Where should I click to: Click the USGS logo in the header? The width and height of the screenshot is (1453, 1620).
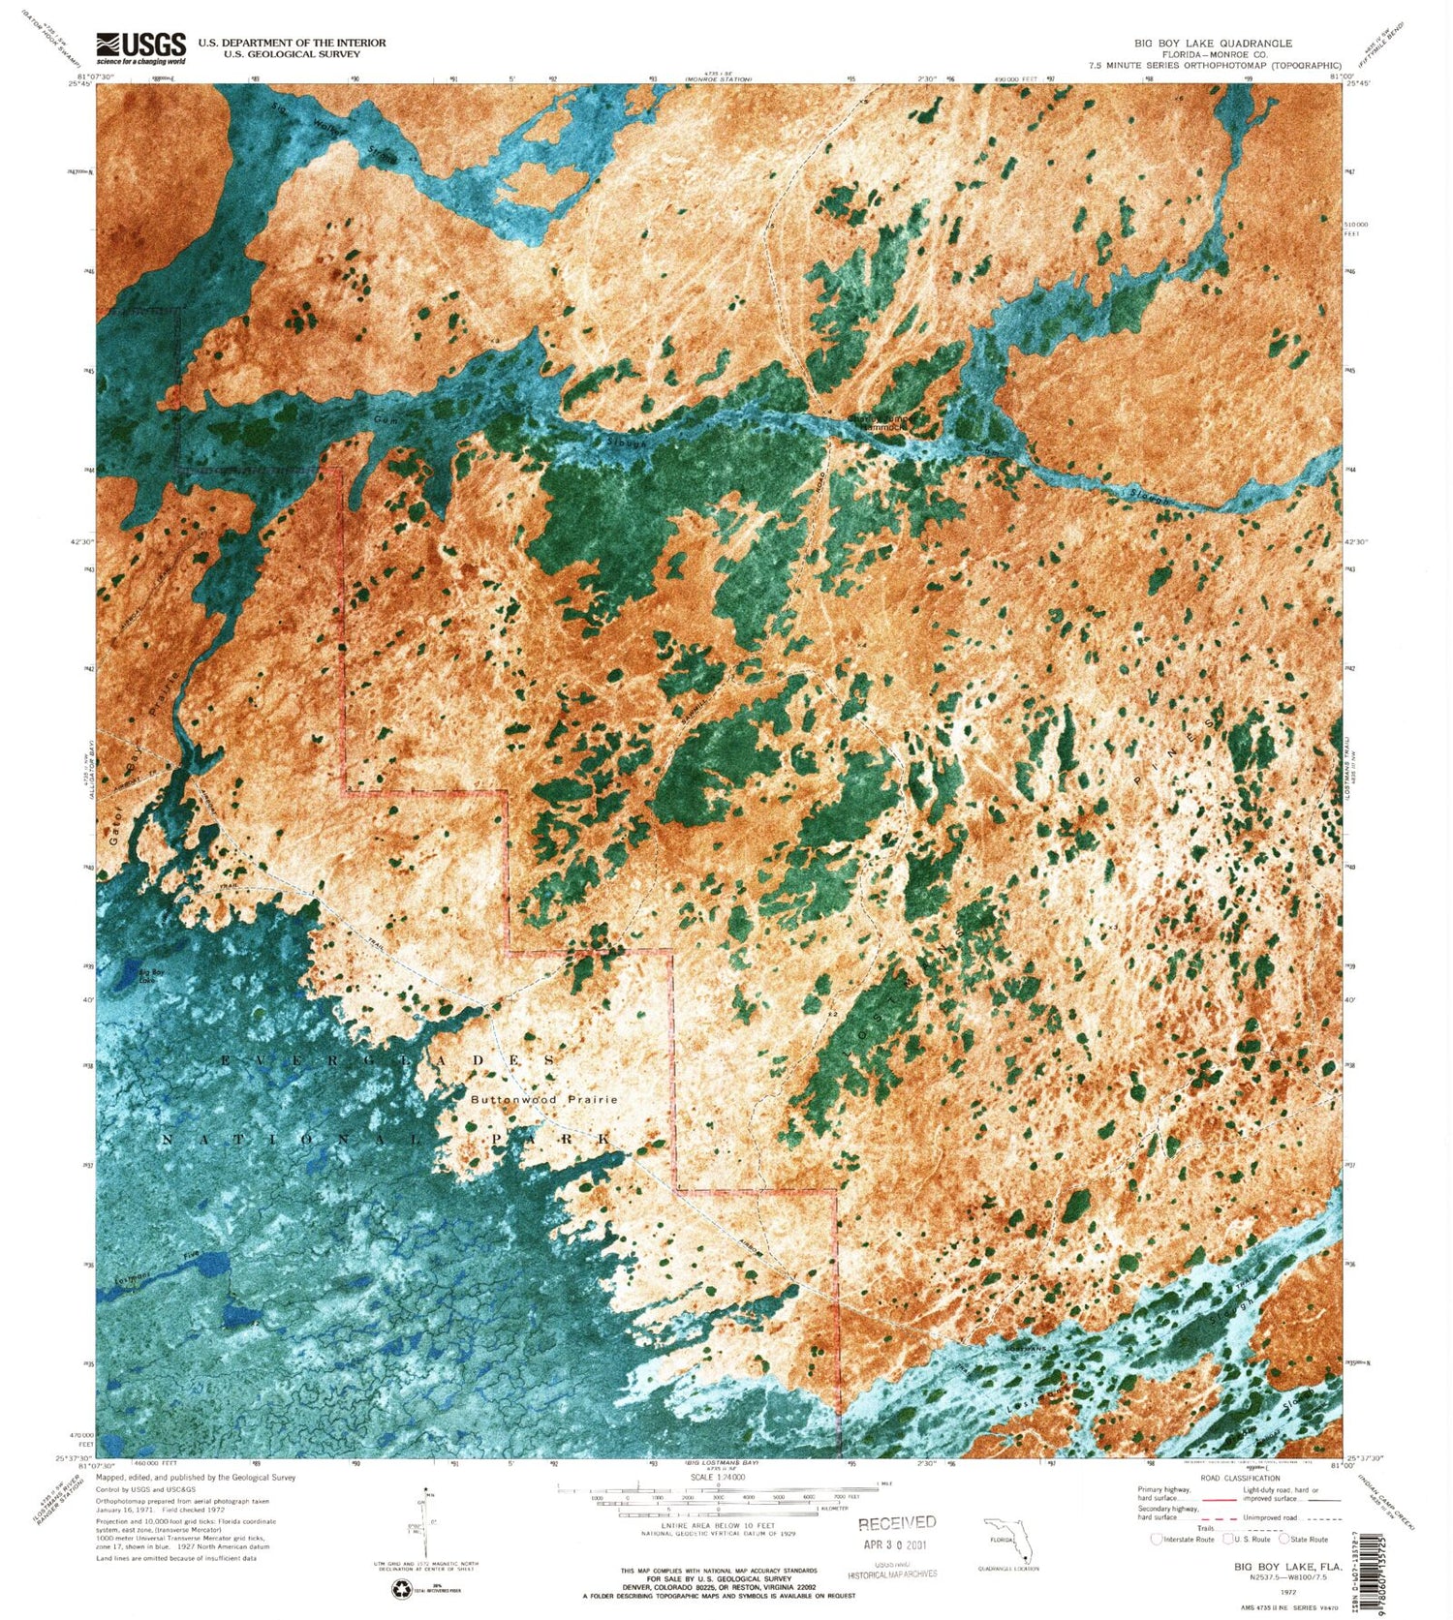140,47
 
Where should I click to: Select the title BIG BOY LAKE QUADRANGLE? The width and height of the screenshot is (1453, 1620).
1213,44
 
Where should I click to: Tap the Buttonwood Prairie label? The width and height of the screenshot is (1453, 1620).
543,1100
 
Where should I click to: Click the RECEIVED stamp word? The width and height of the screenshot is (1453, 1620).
897,1522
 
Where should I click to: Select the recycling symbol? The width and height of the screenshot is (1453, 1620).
400,1589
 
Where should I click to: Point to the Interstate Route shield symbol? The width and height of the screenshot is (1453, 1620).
1156,1539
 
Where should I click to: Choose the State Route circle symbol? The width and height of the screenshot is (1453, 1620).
1284,1539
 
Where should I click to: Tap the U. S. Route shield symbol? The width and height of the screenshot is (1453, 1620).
1228,1539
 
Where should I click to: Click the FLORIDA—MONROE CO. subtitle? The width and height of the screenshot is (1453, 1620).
1213,55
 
